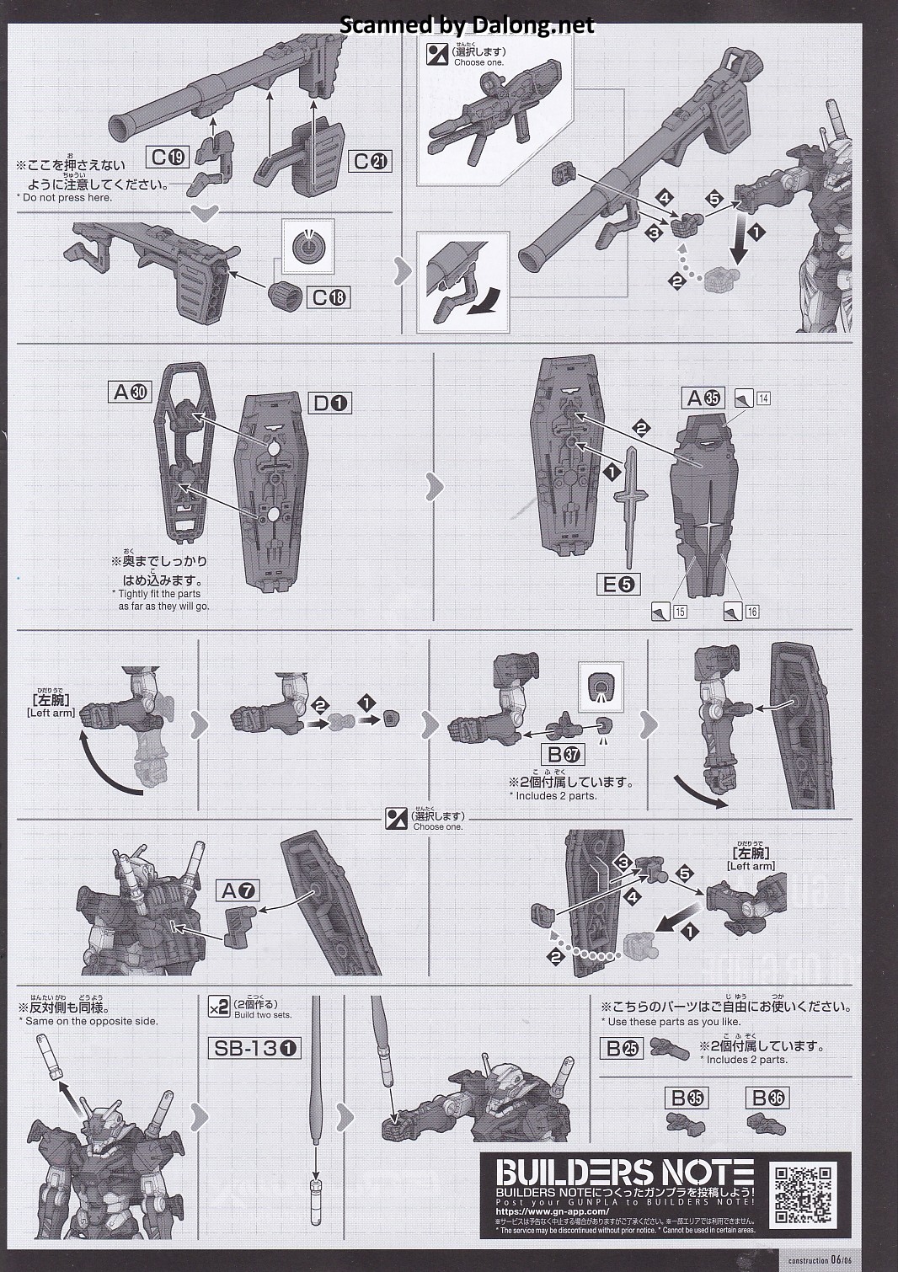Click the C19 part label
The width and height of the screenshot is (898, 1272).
[168, 157]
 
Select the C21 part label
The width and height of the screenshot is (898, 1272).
[371, 162]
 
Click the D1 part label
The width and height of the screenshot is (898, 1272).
[331, 404]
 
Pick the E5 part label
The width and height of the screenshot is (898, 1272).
[617, 584]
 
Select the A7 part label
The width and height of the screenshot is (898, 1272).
[238, 890]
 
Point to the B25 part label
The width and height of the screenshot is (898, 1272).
[622, 1048]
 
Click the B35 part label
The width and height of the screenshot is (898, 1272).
[687, 1098]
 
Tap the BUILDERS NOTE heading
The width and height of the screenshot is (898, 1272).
[624, 1173]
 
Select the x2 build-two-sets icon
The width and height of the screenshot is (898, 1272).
[218, 1007]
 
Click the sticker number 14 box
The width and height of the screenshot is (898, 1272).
[762, 398]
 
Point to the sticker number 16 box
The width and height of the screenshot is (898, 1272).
[751, 612]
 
